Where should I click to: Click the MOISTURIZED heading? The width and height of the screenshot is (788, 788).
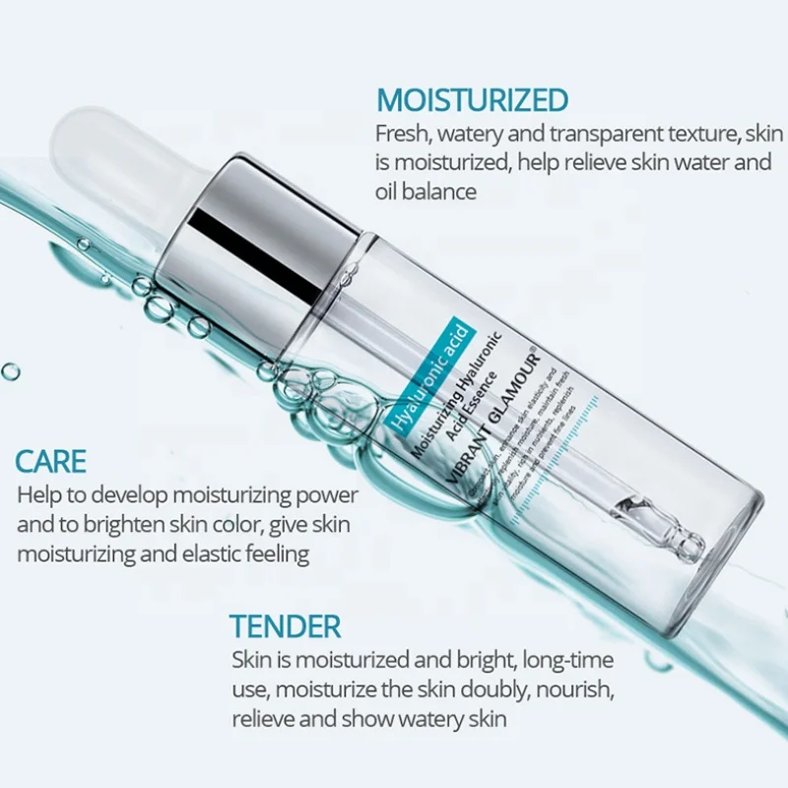[473, 99]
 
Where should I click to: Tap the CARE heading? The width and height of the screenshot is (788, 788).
[51, 460]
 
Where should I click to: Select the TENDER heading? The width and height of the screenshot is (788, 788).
[286, 625]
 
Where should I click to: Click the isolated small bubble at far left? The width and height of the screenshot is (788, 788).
[10, 370]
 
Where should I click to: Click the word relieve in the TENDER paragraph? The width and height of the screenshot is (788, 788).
[265, 718]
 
